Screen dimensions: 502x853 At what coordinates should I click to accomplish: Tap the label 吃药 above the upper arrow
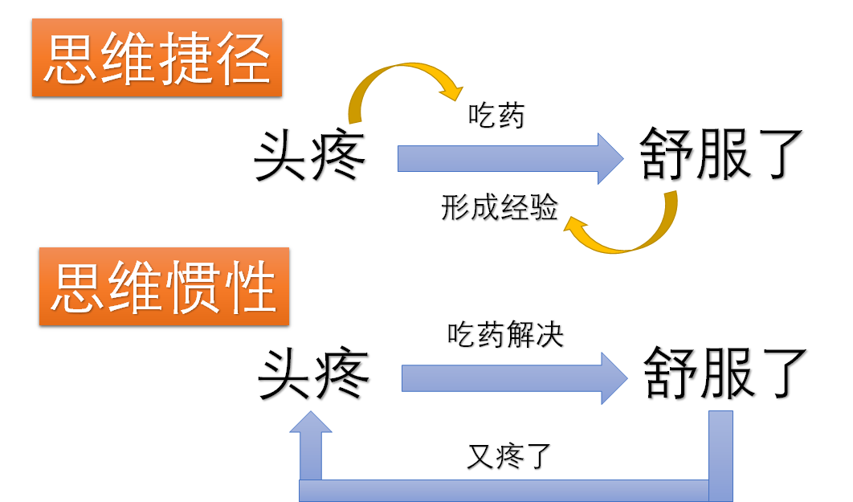(496, 116)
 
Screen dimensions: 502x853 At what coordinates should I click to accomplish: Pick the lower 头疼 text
(313, 373)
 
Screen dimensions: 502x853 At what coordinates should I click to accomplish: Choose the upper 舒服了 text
(722, 155)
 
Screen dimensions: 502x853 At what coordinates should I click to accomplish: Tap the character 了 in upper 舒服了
(777, 155)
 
